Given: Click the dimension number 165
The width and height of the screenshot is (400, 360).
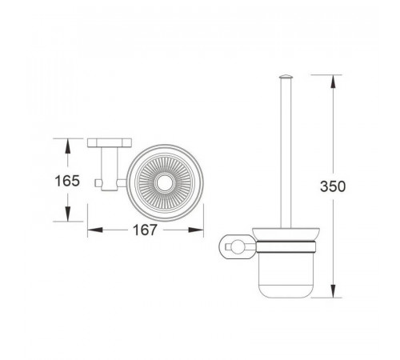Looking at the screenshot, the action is tap(67, 181).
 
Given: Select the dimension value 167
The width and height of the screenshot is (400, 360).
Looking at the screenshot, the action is tap(145, 230).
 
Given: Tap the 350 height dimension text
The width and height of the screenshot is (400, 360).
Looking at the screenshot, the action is tap(333, 186).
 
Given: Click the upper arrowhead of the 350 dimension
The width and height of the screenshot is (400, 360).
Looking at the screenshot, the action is tap(333, 82).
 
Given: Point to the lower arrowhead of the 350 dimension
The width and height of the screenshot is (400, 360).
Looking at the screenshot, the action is tap(333, 290).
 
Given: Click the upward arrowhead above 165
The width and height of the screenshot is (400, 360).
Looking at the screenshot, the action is tap(68, 146).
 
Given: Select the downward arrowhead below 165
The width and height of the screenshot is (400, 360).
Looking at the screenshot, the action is tap(68, 214).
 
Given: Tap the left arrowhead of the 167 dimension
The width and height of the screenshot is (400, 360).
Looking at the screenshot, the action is tap(95, 230).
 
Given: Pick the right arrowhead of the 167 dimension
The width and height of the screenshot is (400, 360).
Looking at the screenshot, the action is tap(196, 230).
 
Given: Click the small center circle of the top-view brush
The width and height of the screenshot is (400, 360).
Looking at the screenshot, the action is tap(165, 183).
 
